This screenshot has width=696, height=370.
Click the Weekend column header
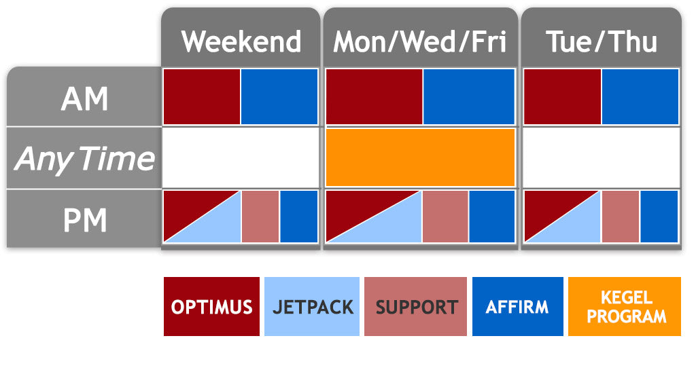tap(241, 42)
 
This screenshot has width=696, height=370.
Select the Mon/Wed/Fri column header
tap(420, 42)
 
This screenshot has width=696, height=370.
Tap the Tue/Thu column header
tap(602, 42)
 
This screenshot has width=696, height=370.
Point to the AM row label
tap(84, 99)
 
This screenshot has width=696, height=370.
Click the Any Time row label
tap(84, 159)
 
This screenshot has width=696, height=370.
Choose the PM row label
tap(84, 220)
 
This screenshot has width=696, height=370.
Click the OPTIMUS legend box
tap(211, 306)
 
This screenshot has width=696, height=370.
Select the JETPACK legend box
tap(313, 306)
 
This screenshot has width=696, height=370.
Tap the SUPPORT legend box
tap(415, 306)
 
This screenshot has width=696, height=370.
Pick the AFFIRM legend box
tap(517, 306)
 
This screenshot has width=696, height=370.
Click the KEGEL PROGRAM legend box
tap(625, 306)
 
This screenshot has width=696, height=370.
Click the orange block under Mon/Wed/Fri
tap(420, 157)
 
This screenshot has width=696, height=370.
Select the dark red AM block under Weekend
tap(203, 96)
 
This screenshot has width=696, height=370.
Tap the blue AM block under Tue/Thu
tap(640, 96)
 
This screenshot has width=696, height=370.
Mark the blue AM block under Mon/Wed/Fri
tap(468, 96)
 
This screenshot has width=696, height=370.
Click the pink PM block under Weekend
tap(260, 216)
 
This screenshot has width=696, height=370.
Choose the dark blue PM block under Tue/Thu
tap(659, 216)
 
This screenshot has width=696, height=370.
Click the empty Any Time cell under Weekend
tap(241, 157)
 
